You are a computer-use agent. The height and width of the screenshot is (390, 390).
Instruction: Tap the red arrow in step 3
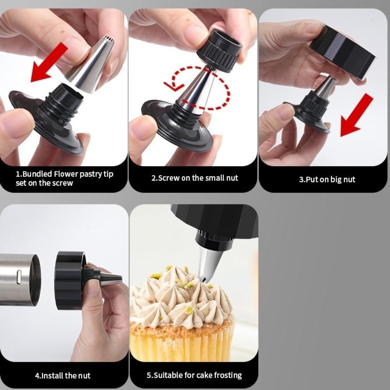tap(356, 116)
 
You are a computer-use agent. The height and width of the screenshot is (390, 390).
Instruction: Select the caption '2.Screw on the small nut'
tap(194, 178)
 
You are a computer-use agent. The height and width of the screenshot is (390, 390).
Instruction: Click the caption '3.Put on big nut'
tap(327, 180)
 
